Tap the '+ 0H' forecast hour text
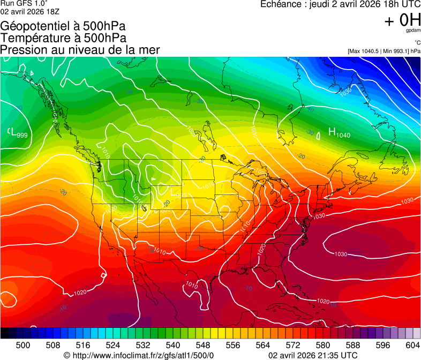coord(402,20)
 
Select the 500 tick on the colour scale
coord(22,345)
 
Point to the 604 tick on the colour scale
coord(412,345)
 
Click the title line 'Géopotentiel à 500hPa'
coord(63,26)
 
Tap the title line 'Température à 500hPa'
coord(63,38)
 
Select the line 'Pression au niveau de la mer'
coord(80,50)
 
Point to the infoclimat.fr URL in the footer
coord(138,355)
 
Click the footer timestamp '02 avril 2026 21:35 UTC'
coord(312,355)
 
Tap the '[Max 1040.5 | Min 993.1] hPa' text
coord(384,51)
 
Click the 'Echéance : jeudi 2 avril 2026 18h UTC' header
coord(340,4)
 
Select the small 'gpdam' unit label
coord(414,31)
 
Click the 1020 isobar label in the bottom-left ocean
coord(80,292)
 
